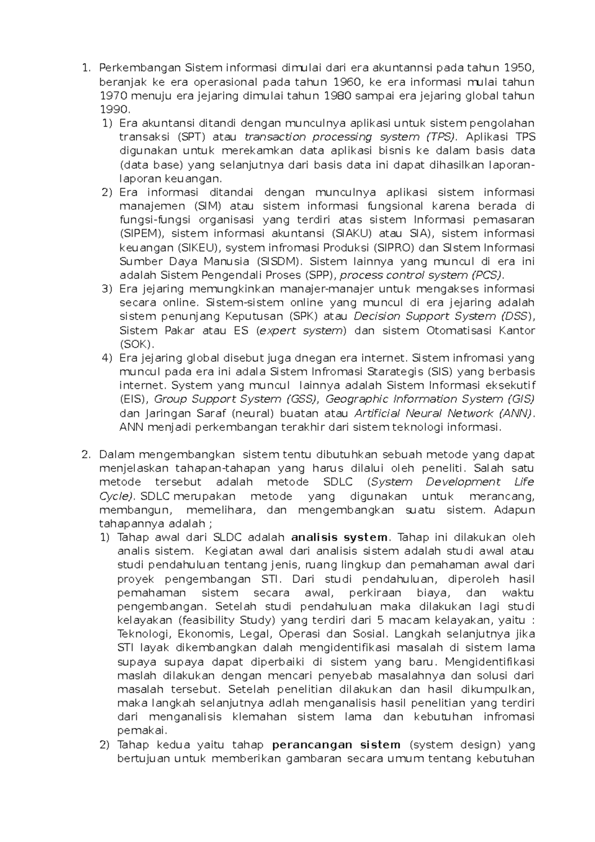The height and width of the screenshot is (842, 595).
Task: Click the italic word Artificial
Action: pyautogui.click(x=377, y=413)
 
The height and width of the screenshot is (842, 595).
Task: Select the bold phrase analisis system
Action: pyautogui.click(x=340, y=538)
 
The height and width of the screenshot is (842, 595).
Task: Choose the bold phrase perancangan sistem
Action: pyautogui.click(x=336, y=745)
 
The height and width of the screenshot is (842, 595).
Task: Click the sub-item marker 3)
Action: pyautogui.click(x=107, y=289)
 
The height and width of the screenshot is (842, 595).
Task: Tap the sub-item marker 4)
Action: pyautogui.click(x=107, y=358)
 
